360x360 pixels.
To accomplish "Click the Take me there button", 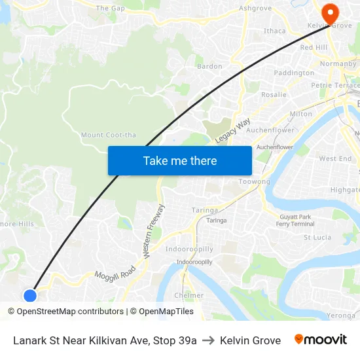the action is pyautogui.click(x=180, y=160).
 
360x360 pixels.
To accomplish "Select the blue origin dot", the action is pyautogui.click(x=29, y=295).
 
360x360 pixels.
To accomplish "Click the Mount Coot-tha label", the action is pyautogui.click(x=109, y=135).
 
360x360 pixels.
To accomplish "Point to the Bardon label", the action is pyautogui.click(x=209, y=66).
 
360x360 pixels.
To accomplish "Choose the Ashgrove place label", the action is pyautogui.click(x=255, y=9).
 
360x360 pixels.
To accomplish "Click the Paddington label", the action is pyautogui.click(x=294, y=73).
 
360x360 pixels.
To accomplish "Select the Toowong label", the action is pyautogui.click(x=254, y=181).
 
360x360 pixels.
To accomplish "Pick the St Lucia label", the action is pyautogui.click(x=317, y=238).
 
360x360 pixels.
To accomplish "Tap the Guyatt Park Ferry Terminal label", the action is pyautogui.click(x=295, y=221).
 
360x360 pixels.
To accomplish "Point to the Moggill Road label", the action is pyautogui.click(x=115, y=274).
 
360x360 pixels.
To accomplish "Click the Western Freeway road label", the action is pyautogui.click(x=154, y=230).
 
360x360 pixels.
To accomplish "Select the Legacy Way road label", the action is pyautogui.click(x=232, y=132).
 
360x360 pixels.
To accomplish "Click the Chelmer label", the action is pyautogui.click(x=189, y=295).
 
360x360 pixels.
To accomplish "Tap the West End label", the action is pyautogui.click(x=335, y=159).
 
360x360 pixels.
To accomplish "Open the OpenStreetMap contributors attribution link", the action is pyautogui.click(x=69, y=312).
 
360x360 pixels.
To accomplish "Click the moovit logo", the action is pyautogui.click(x=321, y=340).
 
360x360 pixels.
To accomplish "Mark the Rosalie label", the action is pyautogui.click(x=274, y=95).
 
